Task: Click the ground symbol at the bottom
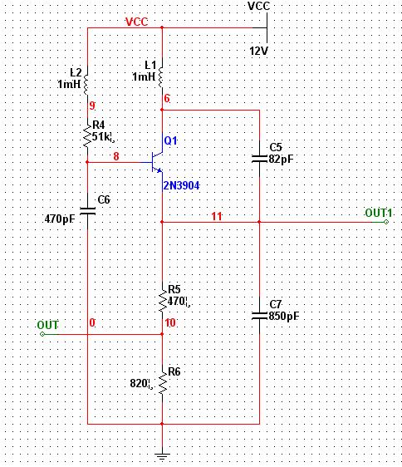pos(162,456)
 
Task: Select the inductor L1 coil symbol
pos(161,77)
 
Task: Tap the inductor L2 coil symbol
pos(86,84)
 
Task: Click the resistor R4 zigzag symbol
pos(87,135)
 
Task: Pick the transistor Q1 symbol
pos(157,162)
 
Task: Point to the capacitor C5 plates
pos(259,159)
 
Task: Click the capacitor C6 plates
pos(87,211)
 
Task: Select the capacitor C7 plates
pos(259,316)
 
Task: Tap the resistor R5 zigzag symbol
pos(162,301)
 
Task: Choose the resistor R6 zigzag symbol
pos(162,383)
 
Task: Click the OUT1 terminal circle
pos(386,222)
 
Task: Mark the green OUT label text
pos(47,325)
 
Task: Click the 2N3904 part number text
pos(181,186)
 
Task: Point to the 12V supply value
pos(258,51)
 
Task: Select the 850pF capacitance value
pos(284,316)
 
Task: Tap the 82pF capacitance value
pos(281,159)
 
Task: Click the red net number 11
pos(217,216)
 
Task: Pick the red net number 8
pos(116,156)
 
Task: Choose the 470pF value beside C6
pos(60,219)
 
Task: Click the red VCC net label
pos(137,22)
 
